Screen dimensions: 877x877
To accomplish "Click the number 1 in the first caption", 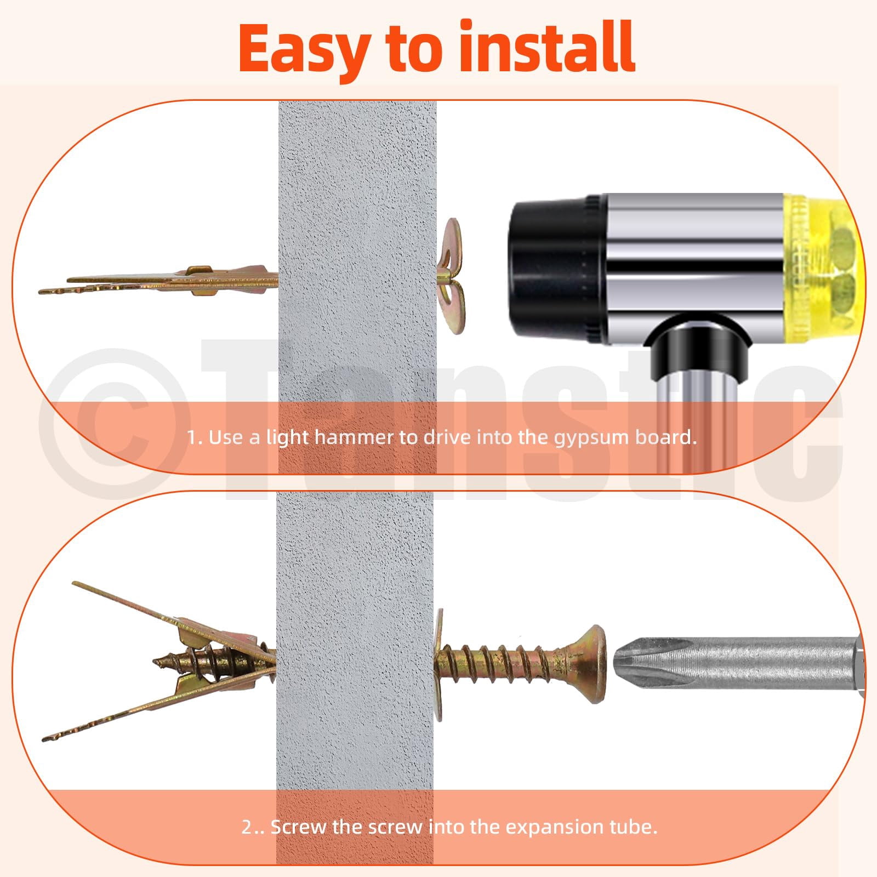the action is (x=192, y=437).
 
